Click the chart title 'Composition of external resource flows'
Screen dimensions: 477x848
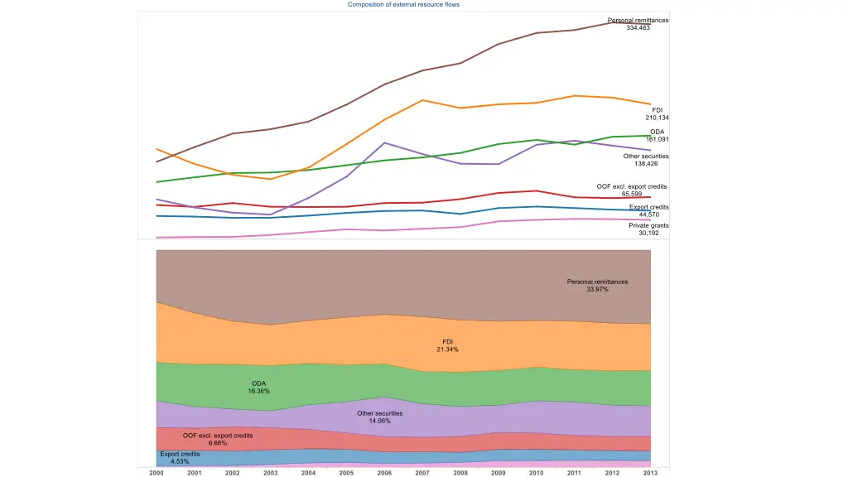coord(403,4)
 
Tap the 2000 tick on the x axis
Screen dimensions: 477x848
coord(157,473)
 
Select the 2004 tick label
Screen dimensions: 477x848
coord(308,473)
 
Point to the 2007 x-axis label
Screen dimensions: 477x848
coord(422,473)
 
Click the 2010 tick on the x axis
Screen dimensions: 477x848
coord(537,473)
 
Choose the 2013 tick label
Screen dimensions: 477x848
coord(650,473)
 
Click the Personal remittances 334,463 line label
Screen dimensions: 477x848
coord(638,24)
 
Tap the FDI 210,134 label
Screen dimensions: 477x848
coord(657,114)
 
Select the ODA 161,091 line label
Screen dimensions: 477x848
coord(657,135)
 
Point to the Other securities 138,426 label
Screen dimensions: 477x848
coord(646,160)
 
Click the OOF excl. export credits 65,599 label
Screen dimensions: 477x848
coord(632,190)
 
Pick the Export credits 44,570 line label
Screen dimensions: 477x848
coord(648,210)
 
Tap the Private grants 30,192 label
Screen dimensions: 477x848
coord(648,229)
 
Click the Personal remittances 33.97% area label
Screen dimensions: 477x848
coord(597,286)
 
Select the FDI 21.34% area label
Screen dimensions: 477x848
coord(447,345)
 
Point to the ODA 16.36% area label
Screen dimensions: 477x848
coord(258,387)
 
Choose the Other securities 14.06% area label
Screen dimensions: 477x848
coord(379,417)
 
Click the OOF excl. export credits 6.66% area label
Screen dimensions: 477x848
coord(218,439)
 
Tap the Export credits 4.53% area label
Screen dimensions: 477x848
coord(180,457)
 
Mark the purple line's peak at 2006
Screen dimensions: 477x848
coord(384,142)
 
